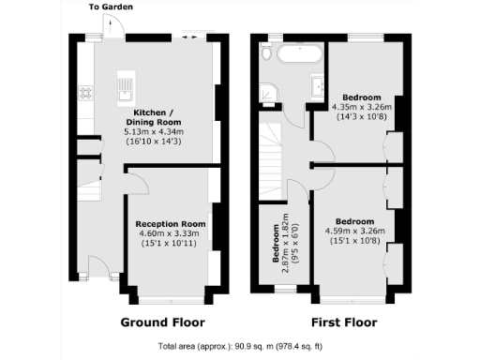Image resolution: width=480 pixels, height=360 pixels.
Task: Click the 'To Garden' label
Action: pos(111,7)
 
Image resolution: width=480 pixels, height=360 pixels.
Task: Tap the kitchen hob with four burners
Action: pos(85,92)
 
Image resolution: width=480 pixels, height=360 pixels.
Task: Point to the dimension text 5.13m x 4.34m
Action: pos(155,132)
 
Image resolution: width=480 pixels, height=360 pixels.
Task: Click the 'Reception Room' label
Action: pos(170,224)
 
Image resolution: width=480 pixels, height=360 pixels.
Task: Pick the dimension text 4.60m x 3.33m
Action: pos(170,234)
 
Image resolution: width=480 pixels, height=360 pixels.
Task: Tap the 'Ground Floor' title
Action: pos(163,322)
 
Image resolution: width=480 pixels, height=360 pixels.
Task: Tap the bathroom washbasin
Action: pos(315,89)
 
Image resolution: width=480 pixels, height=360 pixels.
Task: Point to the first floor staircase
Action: pos(274,150)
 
